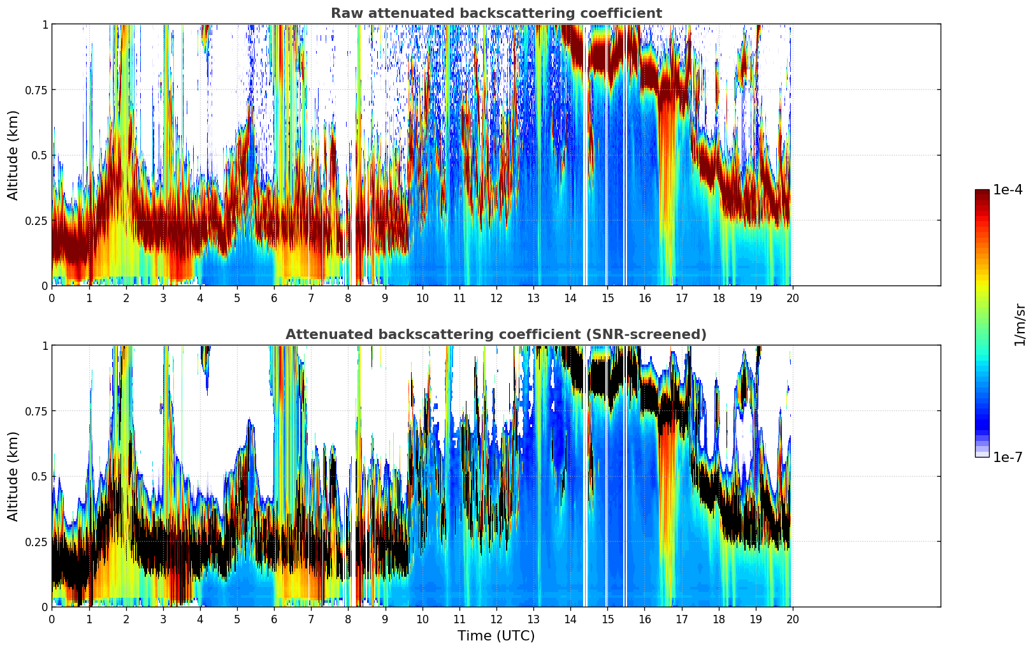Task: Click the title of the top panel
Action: [496, 13]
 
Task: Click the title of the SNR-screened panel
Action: [496, 335]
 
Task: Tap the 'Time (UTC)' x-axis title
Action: [496, 636]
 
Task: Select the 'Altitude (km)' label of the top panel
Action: [13, 155]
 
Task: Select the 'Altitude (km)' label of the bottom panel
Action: [13, 476]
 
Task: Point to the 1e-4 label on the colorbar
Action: [1008, 190]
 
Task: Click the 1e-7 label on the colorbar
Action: [1008, 457]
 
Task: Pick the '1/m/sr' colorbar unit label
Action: [1020, 325]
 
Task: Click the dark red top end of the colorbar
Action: [982, 192]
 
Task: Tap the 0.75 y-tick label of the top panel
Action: [36, 90]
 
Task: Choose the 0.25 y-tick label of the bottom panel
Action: [36, 542]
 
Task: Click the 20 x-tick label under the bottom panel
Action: [792, 619]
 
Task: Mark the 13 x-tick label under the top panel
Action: [533, 298]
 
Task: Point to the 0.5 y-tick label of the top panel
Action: [40, 155]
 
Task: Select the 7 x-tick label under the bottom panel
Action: [311, 619]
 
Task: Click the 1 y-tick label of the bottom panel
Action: [45, 345]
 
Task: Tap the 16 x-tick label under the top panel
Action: [644, 298]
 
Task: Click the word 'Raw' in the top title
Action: [345, 13]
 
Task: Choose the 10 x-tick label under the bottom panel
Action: [422, 619]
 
